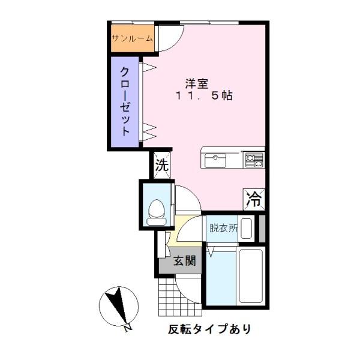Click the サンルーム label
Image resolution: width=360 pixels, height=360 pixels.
click(131, 39)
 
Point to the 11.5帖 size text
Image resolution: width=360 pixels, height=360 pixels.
click(204, 96)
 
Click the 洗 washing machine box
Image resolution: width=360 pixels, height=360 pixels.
click(161, 166)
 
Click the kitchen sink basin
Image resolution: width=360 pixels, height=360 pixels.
click(214, 161)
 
